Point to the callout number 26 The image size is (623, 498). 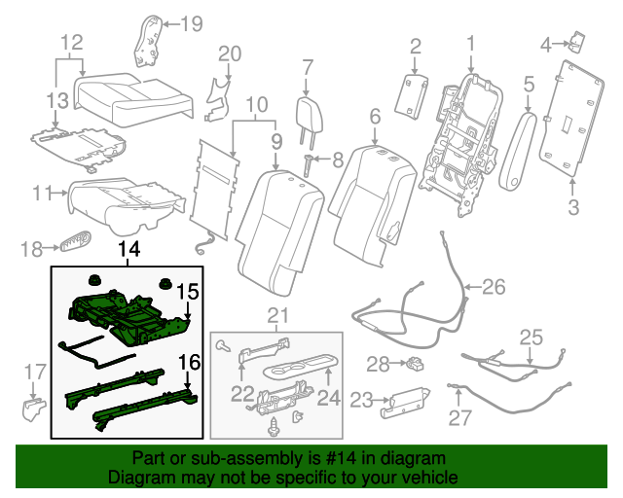(x=495, y=286)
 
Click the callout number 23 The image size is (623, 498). (x=361, y=399)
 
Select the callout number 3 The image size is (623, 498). (x=572, y=206)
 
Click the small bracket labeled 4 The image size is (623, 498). (x=577, y=41)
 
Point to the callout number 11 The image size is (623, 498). (x=40, y=193)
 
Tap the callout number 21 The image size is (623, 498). (x=279, y=313)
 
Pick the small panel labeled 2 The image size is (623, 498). (x=415, y=95)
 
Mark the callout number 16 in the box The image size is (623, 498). (x=190, y=363)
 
